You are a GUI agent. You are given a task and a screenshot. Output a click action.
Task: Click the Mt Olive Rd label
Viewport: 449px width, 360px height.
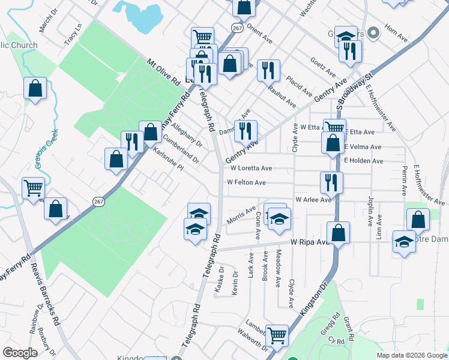(163, 71)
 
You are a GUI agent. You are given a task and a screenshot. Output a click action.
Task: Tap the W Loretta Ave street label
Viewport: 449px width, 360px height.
(250, 169)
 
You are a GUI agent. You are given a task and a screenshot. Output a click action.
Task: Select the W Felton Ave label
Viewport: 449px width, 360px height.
(246, 182)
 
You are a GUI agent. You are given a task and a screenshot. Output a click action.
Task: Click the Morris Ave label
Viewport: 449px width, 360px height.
(241, 215)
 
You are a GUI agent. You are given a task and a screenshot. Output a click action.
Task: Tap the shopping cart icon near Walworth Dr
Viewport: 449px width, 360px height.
(277, 335)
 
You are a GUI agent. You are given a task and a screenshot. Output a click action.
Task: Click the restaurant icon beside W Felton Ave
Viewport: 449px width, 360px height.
(331, 181)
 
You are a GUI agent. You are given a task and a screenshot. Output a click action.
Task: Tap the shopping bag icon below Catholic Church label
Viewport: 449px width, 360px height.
(35, 88)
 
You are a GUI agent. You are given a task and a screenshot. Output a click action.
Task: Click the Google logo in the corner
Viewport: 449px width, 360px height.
(20, 353)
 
